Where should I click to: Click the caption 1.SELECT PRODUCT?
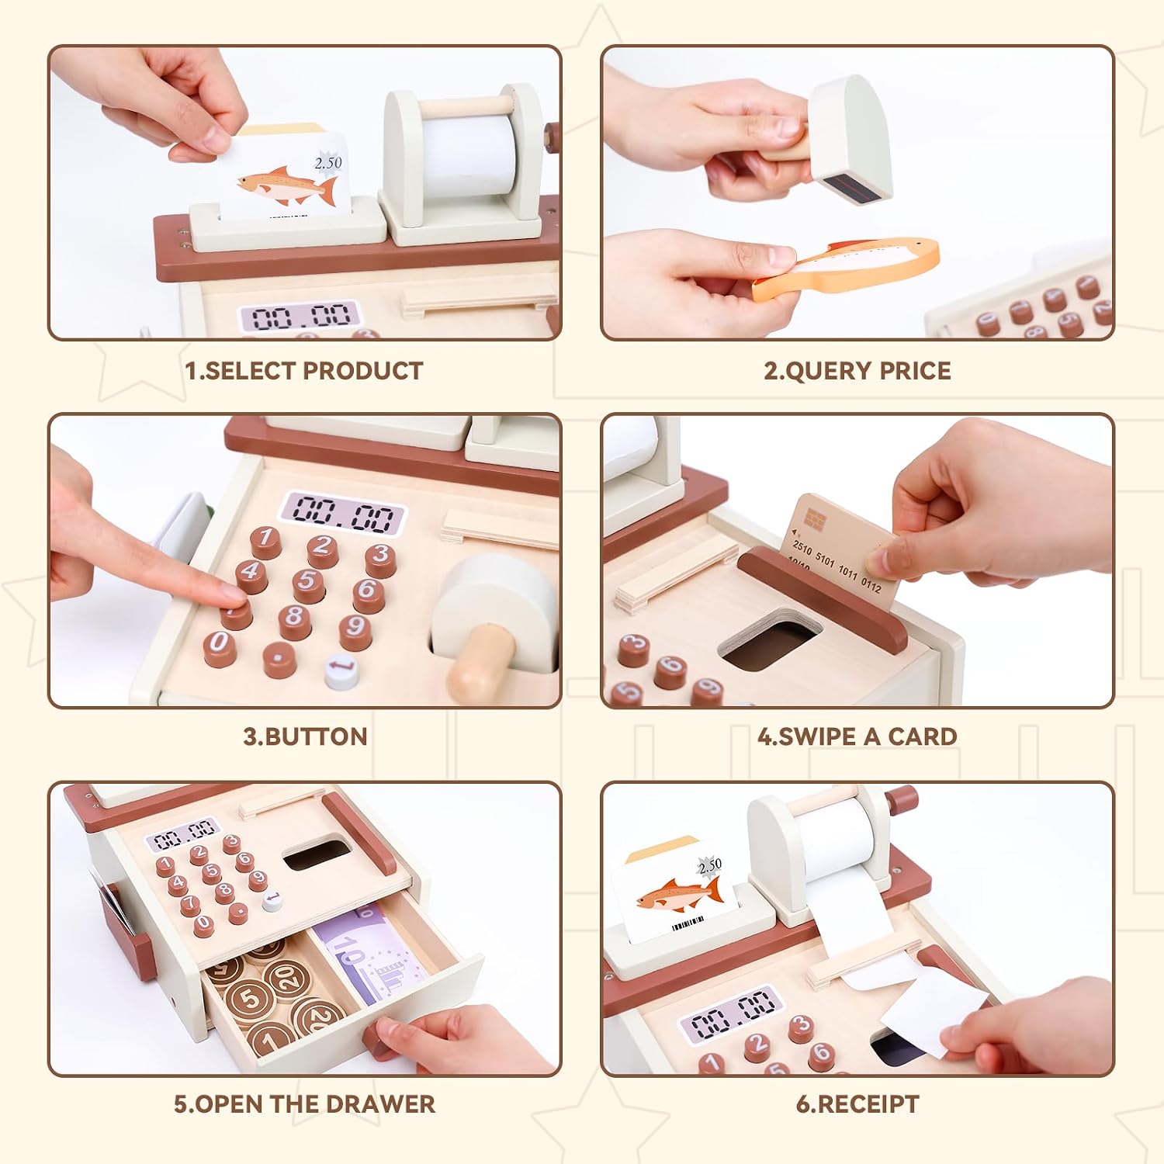coord(304,371)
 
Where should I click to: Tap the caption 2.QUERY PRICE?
coord(857,371)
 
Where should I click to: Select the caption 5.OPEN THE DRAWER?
coord(304,1103)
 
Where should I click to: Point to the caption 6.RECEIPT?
coord(857,1103)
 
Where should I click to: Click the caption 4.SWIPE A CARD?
coord(857,736)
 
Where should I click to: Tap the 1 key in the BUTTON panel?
coord(266,539)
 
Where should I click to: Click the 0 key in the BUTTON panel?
coord(220,646)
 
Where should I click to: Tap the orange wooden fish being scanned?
coord(846,268)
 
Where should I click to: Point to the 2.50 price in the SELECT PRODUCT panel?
coord(327,163)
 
